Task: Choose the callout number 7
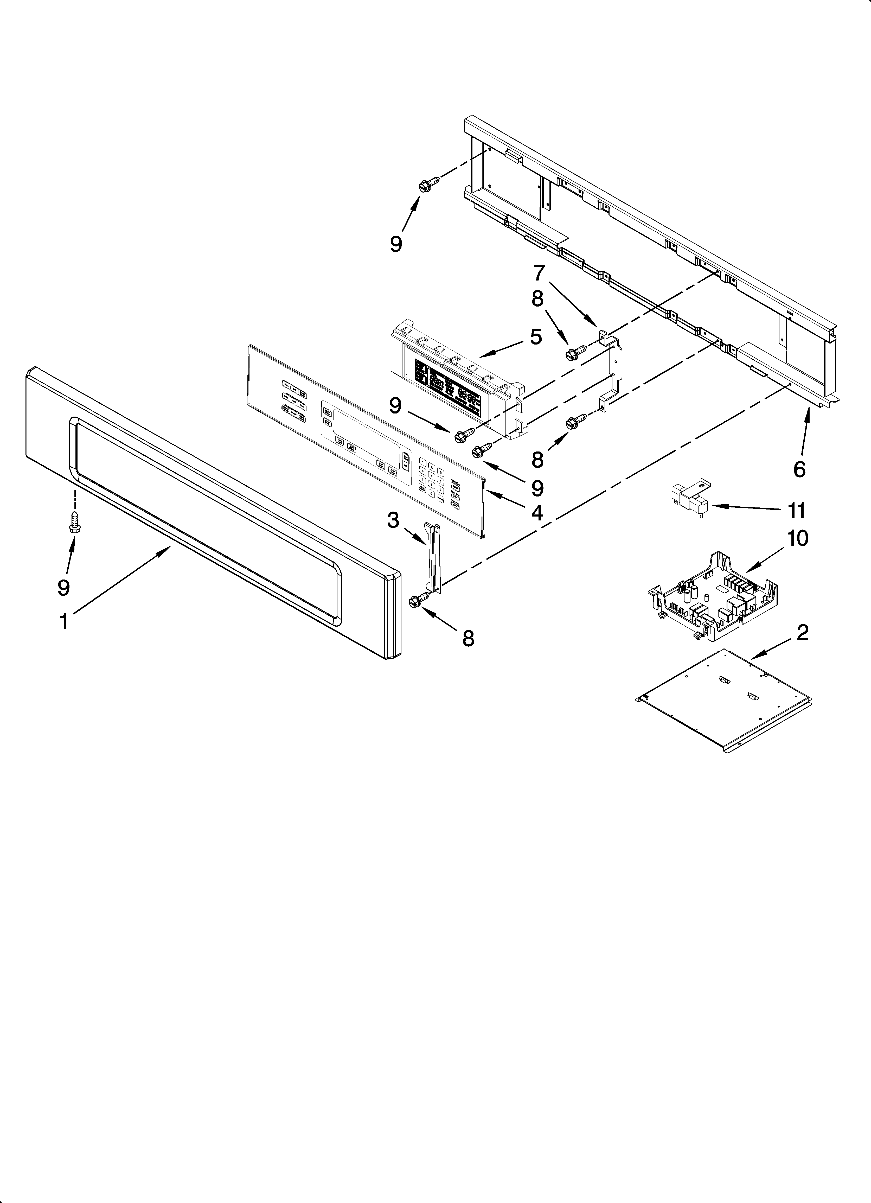pos(539,273)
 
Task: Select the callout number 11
pos(796,511)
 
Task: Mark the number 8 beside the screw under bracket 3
pos(467,639)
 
